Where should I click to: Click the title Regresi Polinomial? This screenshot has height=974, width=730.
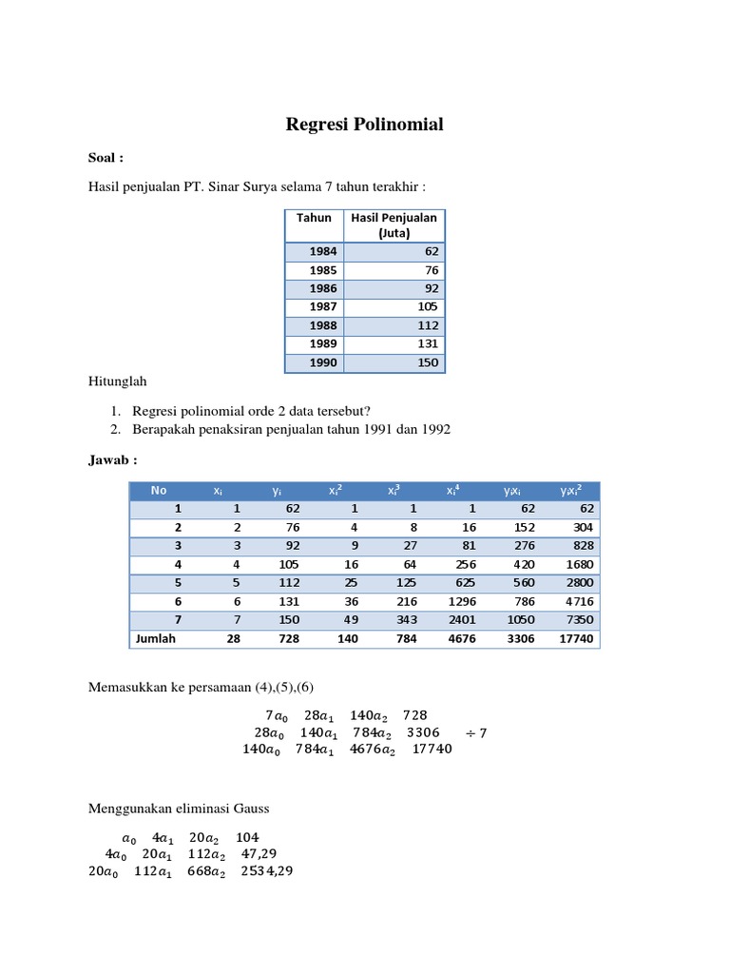click(x=365, y=125)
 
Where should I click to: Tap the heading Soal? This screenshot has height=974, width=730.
click(x=106, y=158)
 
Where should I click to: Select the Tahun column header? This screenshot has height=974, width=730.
click(x=314, y=218)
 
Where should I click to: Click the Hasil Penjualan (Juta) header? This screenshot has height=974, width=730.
click(x=394, y=224)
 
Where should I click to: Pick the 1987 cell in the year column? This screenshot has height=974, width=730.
click(x=323, y=306)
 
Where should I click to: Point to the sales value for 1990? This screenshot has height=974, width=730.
click(x=427, y=362)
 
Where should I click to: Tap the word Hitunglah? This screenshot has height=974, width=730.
click(x=117, y=381)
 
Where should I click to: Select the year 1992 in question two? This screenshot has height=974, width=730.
click(x=434, y=429)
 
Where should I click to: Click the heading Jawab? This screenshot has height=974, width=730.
click(x=112, y=460)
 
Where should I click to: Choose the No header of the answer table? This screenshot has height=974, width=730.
click(x=158, y=490)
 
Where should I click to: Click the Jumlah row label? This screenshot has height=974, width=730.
click(x=156, y=639)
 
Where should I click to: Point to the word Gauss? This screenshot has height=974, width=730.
click(x=251, y=808)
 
